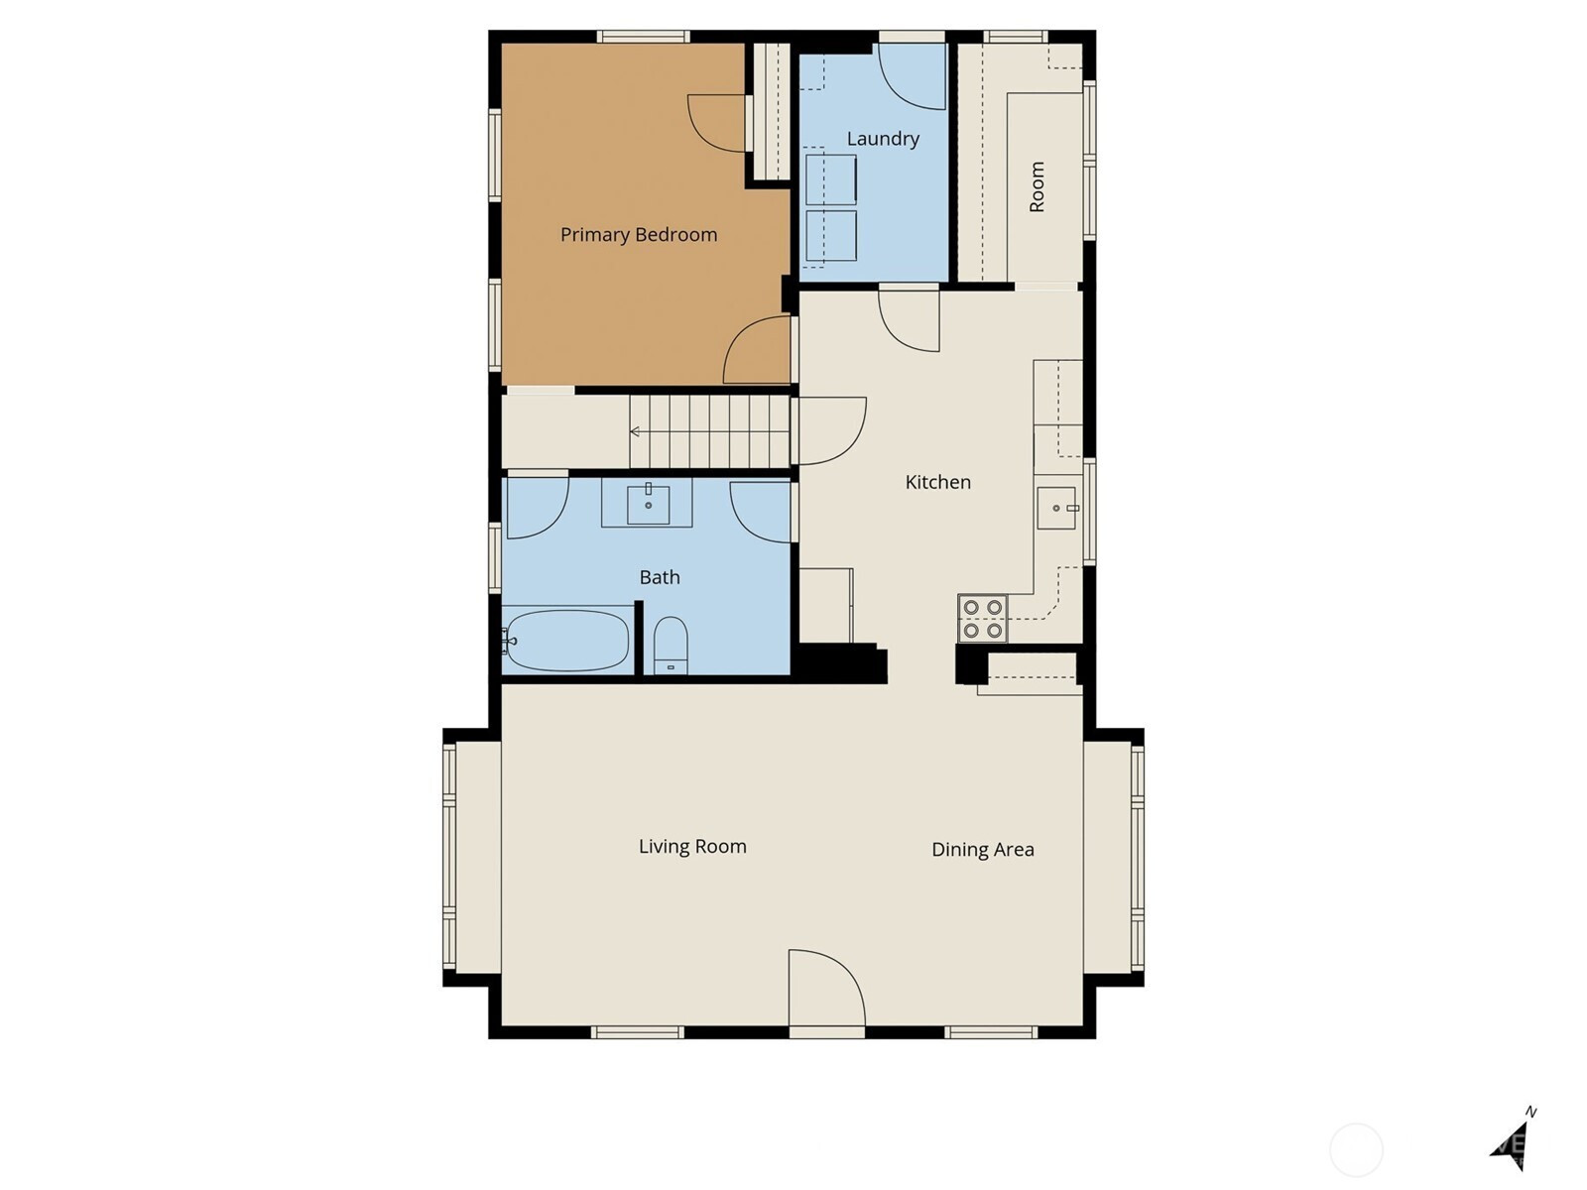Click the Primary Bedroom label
click(x=639, y=236)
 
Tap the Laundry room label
click(x=883, y=139)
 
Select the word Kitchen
click(x=937, y=482)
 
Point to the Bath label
click(x=660, y=577)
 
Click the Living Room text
click(x=692, y=847)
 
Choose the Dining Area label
click(x=983, y=850)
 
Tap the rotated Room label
click(x=1037, y=187)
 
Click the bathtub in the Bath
click(x=566, y=641)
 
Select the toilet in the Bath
click(x=671, y=646)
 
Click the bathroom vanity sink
click(x=648, y=505)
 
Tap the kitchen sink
click(x=1057, y=508)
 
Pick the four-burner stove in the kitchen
click(x=983, y=619)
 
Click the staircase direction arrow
click(x=635, y=432)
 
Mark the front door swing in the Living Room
click(x=826, y=988)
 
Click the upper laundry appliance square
click(x=831, y=178)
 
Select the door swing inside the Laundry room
click(x=912, y=76)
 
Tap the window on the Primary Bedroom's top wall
click(x=643, y=37)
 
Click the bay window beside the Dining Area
click(x=1138, y=858)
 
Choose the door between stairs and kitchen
click(x=831, y=430)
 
